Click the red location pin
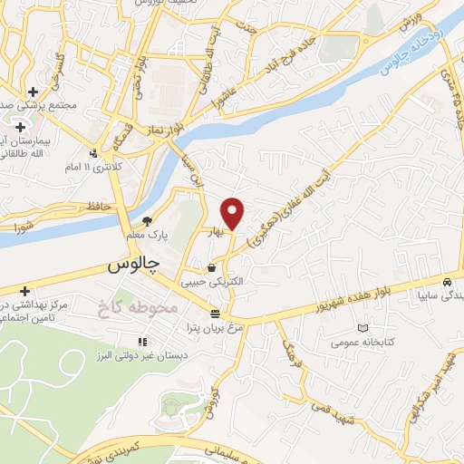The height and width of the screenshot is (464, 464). pos(234,211)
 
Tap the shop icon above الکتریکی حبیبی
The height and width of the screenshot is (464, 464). pos(212,268)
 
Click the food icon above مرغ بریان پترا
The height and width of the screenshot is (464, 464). pos(215,314)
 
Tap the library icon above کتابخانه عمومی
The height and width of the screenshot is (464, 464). pos(363,326)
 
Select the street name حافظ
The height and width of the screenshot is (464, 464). pos(100,207)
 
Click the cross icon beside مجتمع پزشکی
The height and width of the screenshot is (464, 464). pos(33,92)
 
